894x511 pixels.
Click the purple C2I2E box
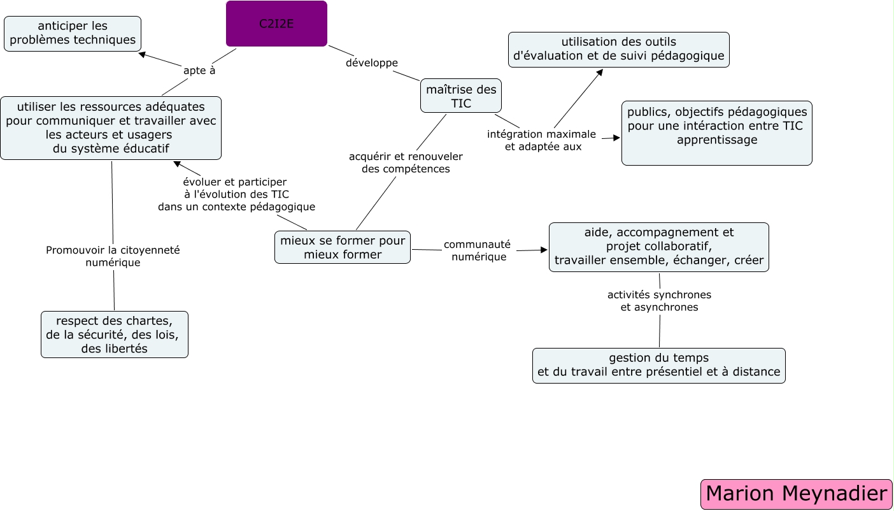[276, 24]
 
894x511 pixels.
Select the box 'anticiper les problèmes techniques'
[73, 34]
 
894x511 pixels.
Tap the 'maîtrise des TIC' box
[461, 96]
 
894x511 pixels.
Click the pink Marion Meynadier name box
[796, 494]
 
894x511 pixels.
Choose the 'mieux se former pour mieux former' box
[343, 247]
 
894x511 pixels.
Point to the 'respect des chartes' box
[115, 335]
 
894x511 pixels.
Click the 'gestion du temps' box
[658, 365]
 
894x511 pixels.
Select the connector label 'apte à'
[199, 70]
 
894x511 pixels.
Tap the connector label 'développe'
[372, 62]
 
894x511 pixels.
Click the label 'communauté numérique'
[477, 250]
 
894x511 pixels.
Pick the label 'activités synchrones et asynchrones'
[659, 301]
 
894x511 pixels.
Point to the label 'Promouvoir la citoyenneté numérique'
[113, 256]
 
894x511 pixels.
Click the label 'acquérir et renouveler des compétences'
[406, 162]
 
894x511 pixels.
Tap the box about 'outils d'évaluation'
[618, 50]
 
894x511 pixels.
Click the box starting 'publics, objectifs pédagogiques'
[716, 133]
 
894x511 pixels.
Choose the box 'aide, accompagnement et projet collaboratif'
[658, 247]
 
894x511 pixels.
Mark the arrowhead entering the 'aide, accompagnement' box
[544, 250]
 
